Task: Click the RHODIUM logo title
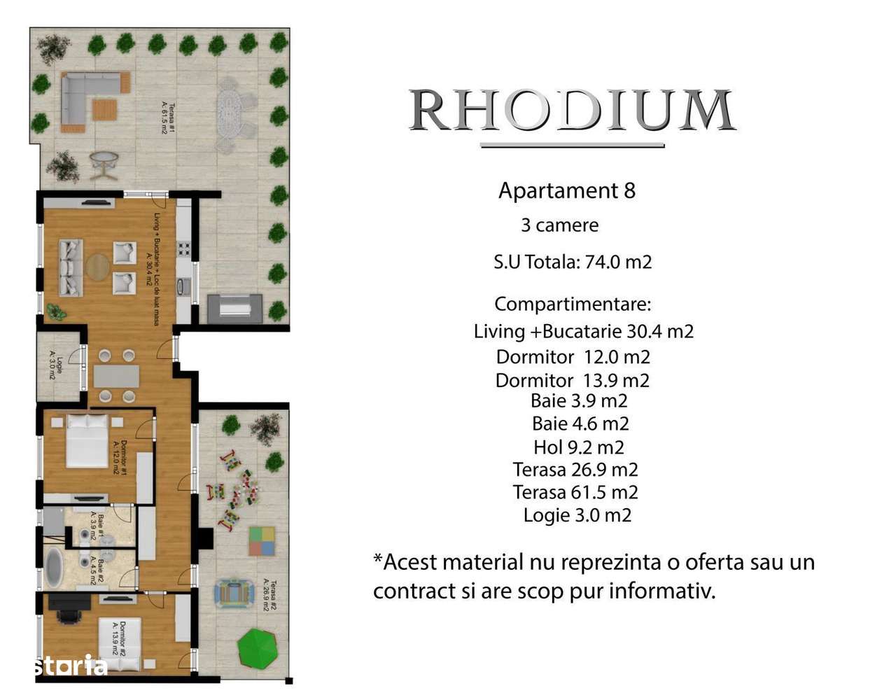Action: coord(571,111)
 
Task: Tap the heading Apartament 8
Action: coord(566,190)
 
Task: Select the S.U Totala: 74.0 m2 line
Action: coord(573,262)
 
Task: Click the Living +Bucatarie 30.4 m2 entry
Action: coord(583,331)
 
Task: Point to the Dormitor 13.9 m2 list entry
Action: coord(572,380)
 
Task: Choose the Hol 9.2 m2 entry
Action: coord(578,447)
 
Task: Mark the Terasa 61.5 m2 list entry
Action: coord(575,492)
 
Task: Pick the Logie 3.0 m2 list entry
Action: coord(577,515)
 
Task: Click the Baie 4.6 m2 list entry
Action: coord(580,423)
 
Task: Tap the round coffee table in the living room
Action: coord(97,267)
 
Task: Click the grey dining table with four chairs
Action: coord(116,377)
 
